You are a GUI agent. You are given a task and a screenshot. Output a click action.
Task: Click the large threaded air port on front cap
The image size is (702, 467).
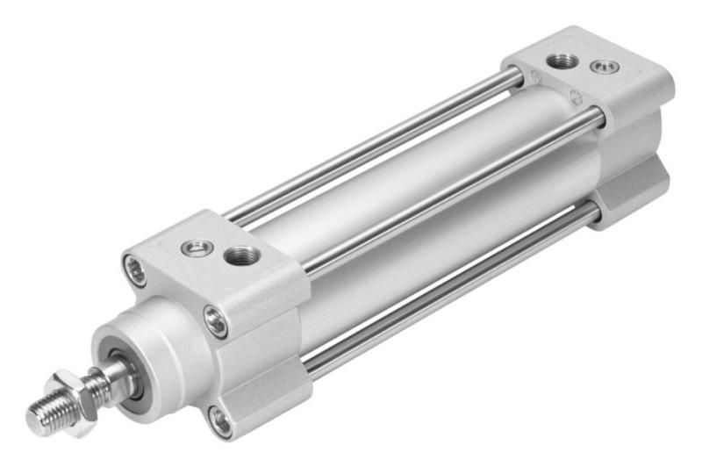click(240, 256)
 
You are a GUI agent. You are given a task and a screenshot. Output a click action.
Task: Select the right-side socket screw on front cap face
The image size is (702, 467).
click(216, 321)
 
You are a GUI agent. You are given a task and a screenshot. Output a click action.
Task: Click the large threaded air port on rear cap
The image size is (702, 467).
click(562, 61)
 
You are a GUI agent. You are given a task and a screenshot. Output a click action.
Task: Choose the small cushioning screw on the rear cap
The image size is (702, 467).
click(604, 67)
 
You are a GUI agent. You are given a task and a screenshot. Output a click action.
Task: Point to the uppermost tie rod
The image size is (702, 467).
click(369, 149)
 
